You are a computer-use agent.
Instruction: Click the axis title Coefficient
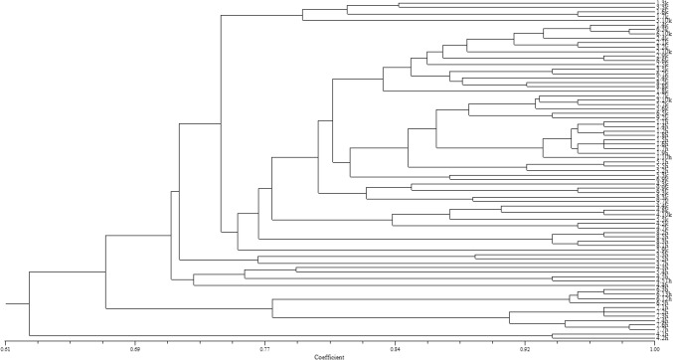[x=329, y=356]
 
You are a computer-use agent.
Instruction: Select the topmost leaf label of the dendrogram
[x=662, y=4]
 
